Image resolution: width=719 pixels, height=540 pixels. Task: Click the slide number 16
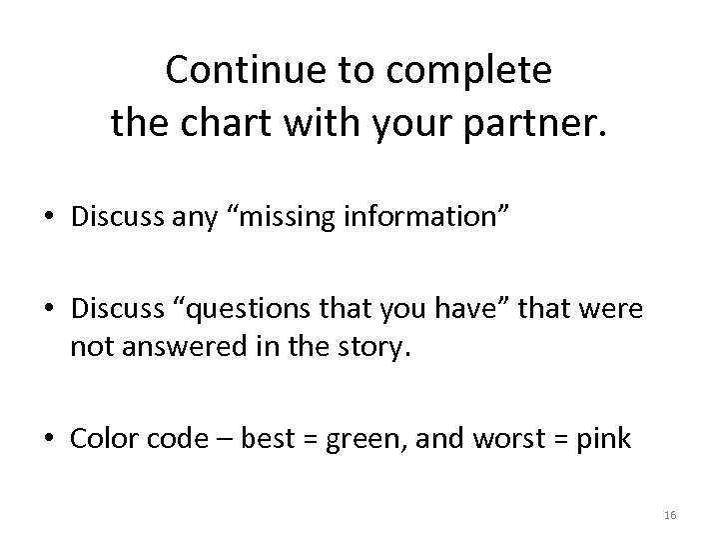tap(670, 514)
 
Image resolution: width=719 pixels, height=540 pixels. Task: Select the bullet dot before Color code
tap(54, 437)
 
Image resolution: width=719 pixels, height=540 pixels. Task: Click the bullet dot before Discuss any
tap(54, 215)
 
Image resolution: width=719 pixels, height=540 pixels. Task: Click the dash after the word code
tap(218, 438)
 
